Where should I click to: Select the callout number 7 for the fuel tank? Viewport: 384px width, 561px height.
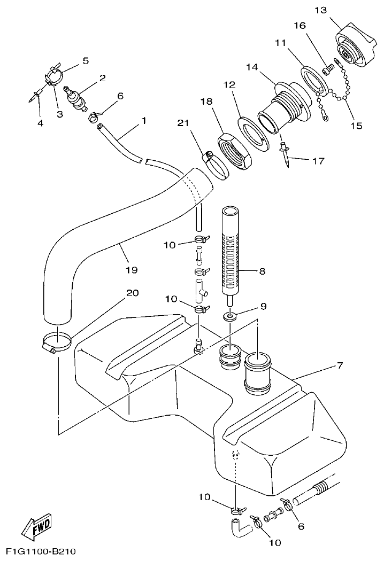click(x=340, y=365)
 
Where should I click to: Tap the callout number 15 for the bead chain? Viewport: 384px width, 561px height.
click(x=356, y=126)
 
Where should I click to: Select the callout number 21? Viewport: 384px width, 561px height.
click(x=183, y=123)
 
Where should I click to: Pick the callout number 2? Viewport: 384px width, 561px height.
click(x=101, y=78)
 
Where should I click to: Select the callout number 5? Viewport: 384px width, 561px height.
click(x=85, y=60)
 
